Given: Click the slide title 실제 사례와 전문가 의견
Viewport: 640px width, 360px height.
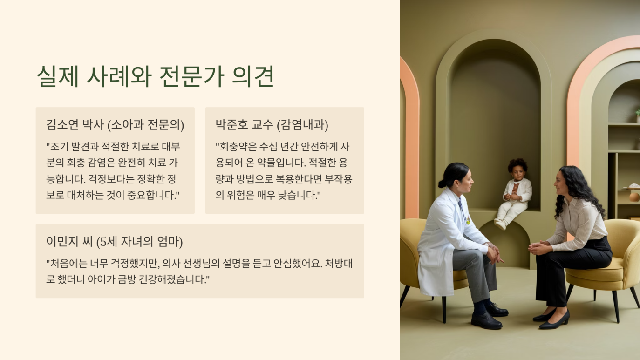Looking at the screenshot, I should [155, 76].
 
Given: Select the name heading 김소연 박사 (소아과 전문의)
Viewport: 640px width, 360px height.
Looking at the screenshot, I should [115, 125].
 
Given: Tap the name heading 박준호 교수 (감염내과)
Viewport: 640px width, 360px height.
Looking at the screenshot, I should [272, 125].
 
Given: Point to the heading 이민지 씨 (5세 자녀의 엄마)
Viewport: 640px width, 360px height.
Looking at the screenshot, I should [114, 242].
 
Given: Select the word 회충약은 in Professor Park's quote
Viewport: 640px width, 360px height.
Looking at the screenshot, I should [237, 146].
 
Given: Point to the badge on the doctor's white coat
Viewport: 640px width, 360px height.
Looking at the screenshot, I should [468, 219].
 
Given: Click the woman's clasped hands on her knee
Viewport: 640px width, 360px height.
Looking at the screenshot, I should [538, 247].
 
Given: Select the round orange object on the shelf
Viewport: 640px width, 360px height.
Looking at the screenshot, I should [634, 197].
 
